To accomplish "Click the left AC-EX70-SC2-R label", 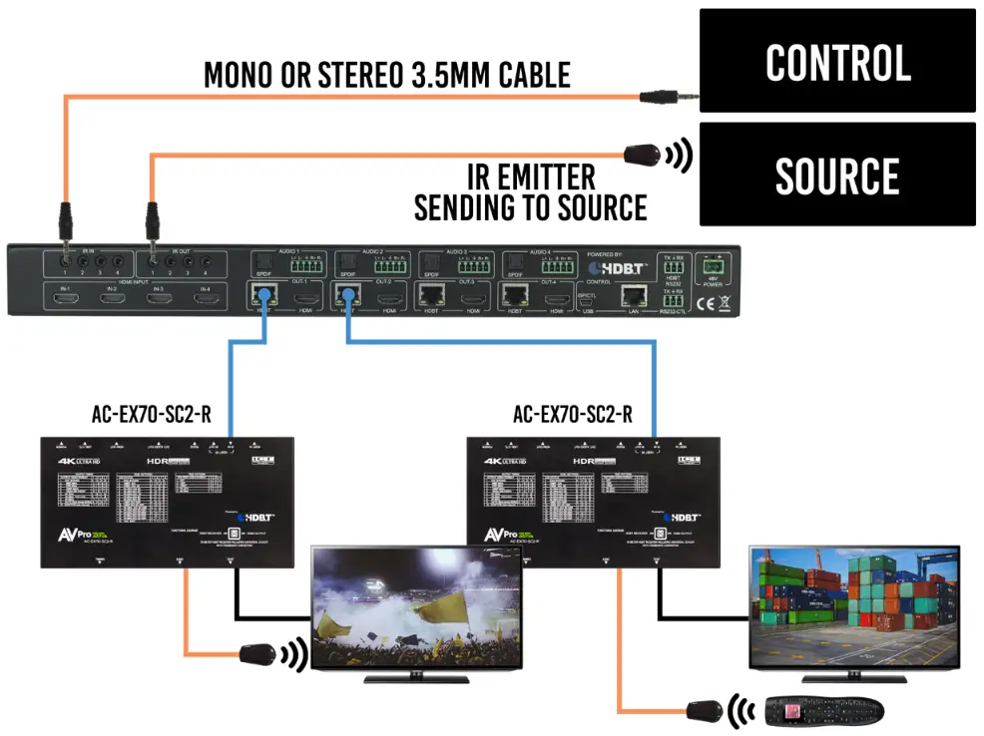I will [150, 415].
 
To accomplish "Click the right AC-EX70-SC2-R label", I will [572, 415].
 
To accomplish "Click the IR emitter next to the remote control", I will [705, 711].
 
